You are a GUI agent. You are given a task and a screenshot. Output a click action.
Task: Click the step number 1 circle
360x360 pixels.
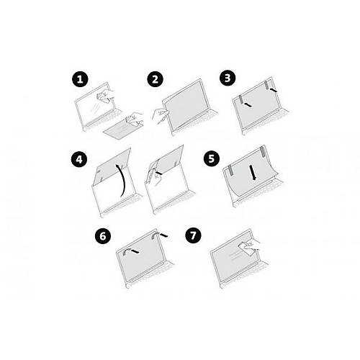(80, 79)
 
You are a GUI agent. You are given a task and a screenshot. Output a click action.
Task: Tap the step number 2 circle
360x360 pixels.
(156, 79)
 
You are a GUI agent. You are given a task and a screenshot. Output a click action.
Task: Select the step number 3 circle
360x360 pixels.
(228, 78)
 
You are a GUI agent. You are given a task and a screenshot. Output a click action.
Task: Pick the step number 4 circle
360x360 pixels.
(79, 159)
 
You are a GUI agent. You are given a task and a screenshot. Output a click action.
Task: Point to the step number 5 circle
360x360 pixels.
(212, 158)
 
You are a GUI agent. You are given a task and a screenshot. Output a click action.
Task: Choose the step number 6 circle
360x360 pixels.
(103, 236)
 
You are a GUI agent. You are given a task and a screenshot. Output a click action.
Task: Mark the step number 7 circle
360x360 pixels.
(193, 235)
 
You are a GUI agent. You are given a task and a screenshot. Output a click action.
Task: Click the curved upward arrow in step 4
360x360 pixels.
(123, 180)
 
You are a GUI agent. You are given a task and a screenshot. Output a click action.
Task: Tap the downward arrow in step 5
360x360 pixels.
(253, 172)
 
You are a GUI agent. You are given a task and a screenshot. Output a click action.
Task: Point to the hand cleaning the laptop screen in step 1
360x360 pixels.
(105, 95)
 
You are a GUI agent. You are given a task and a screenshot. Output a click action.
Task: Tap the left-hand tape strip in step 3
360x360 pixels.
(240, 99)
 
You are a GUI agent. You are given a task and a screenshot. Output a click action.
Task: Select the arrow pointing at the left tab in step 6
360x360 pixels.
(135, 251)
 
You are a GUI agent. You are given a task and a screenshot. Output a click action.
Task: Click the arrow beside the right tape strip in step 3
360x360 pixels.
(273, 90)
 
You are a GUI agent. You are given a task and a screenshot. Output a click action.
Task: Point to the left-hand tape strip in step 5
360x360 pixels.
(230, 170)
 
